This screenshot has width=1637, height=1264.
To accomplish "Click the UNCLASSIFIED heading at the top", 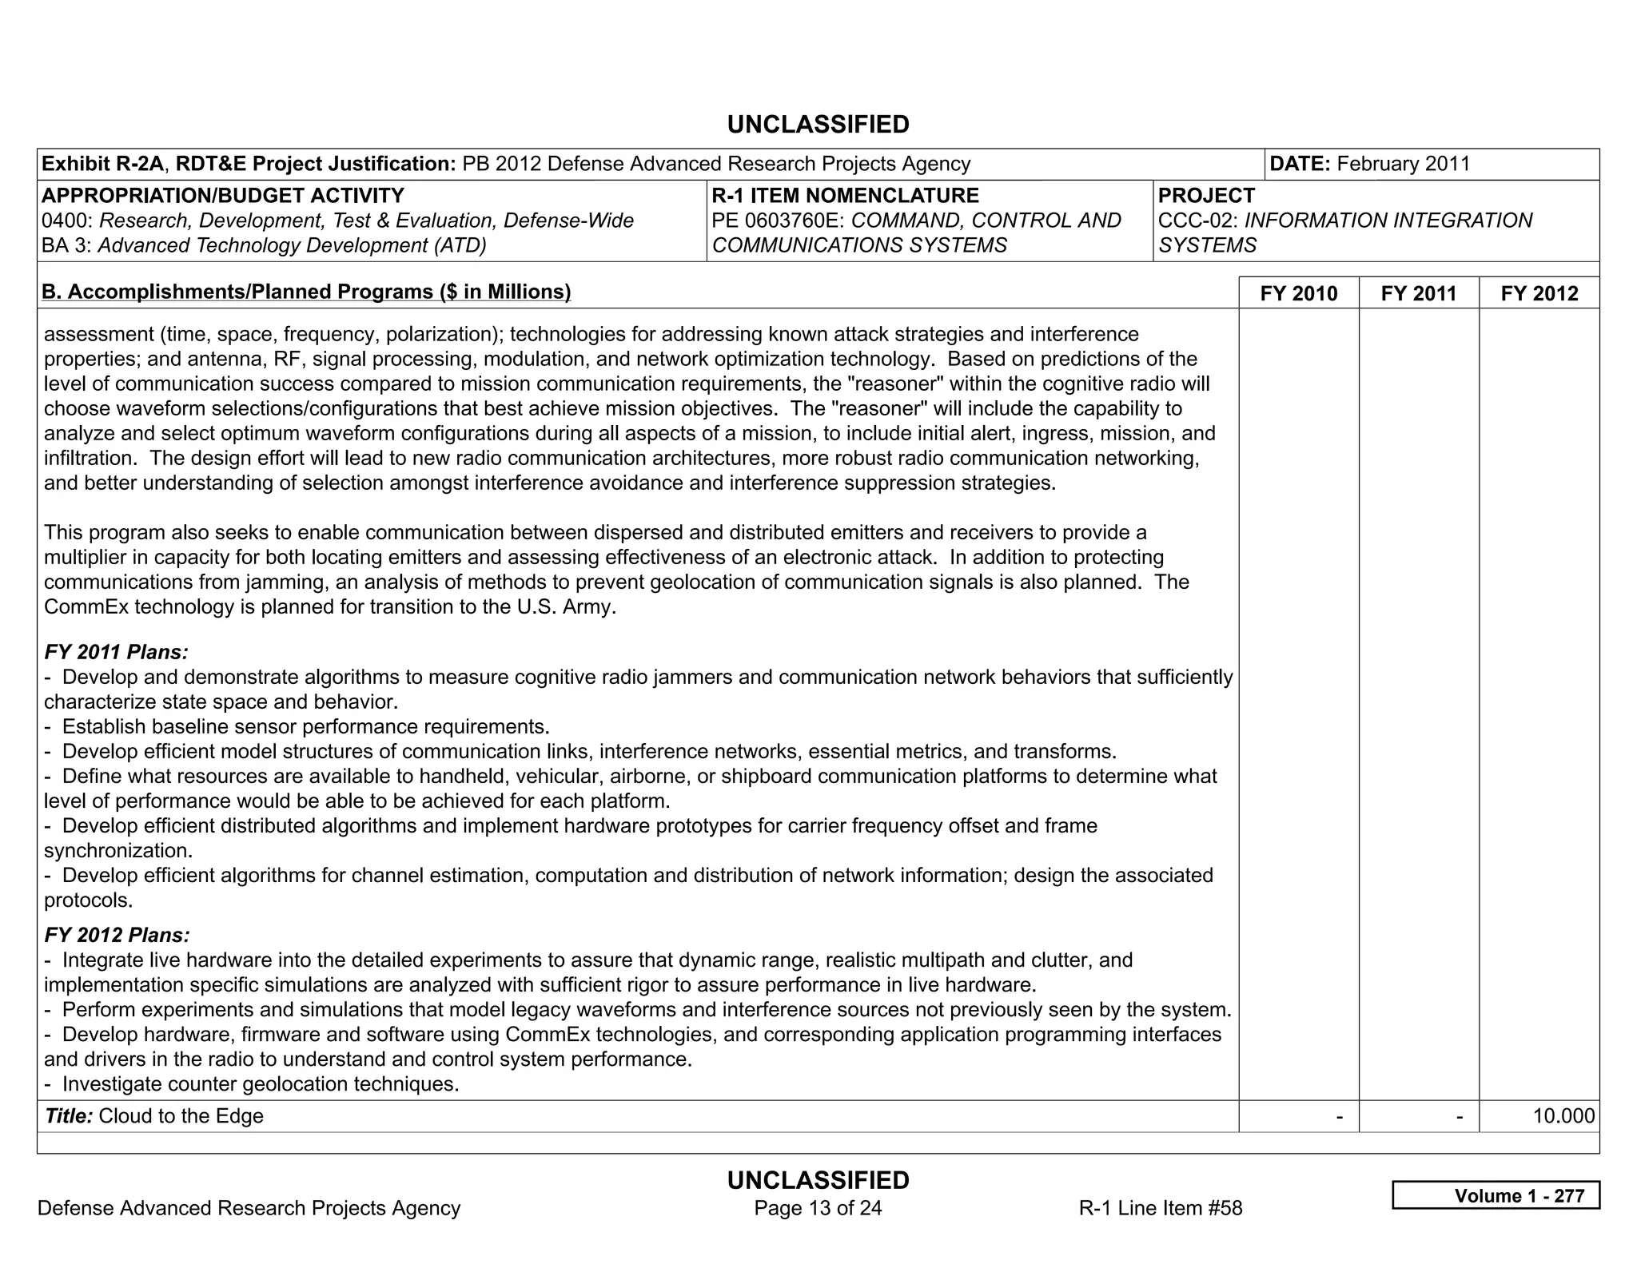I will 818,125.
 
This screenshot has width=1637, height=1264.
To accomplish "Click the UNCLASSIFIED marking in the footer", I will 818,1180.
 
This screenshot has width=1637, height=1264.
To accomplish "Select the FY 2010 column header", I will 1298,293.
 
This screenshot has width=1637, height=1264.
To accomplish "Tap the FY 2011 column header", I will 1419,293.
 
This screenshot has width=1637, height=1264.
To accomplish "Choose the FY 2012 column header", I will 1539,293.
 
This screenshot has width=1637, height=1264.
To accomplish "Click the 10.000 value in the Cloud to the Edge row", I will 1563,1116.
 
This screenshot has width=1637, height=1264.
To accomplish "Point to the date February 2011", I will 1403,164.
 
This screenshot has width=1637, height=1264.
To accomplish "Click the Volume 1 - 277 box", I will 1496,1195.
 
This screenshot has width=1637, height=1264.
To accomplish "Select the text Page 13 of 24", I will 818,1208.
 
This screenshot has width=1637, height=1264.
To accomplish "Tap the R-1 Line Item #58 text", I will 1160,1208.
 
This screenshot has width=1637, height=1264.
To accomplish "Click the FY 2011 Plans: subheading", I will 116,652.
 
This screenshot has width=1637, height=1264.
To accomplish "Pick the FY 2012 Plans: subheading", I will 117,935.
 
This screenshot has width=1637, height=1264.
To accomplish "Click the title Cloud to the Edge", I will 181,1116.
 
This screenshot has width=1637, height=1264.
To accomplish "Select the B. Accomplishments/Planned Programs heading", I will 306,292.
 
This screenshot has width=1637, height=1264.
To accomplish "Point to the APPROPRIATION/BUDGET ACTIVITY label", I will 223,196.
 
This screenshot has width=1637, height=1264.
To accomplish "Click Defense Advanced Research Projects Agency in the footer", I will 249,1208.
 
